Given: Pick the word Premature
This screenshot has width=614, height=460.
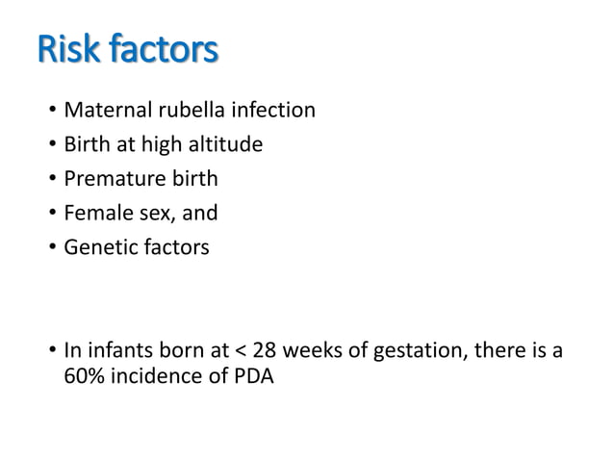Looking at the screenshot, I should coord(112,179).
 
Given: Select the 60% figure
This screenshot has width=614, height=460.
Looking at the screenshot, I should coord(83,377).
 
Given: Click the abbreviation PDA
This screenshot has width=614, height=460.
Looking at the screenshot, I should coord(252,377).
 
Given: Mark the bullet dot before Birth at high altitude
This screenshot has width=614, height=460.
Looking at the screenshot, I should coord(51,146).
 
